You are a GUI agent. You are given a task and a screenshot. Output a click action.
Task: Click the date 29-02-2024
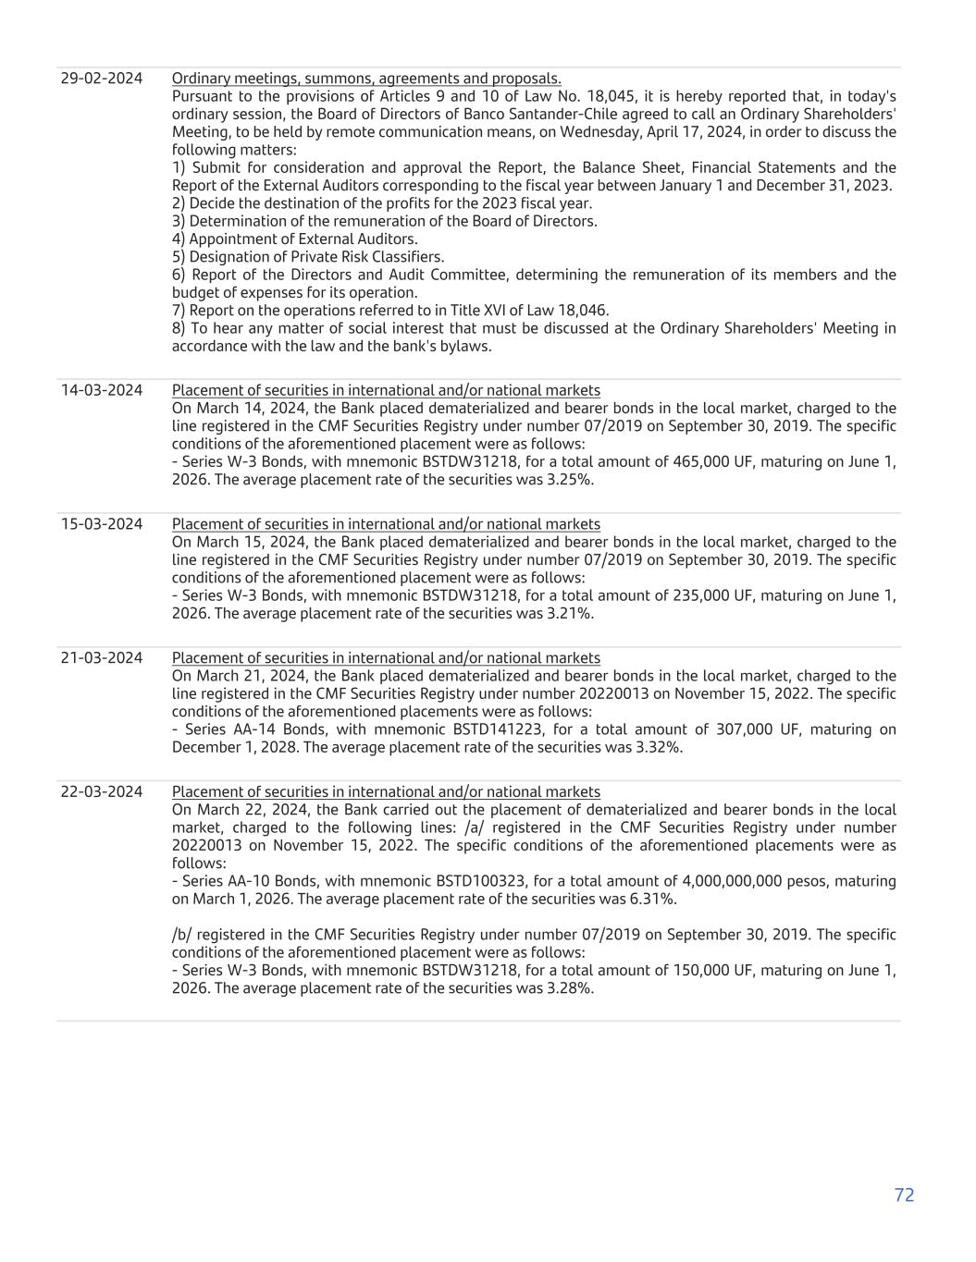pos(102,79)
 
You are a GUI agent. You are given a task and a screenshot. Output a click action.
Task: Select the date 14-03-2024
pos(102,390)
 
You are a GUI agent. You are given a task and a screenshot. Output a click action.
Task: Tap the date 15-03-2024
pos(102,524)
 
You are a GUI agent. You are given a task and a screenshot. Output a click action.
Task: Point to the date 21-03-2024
pos(102,658)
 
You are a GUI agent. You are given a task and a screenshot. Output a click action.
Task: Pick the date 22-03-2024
pos(102,792)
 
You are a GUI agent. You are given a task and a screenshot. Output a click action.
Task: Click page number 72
pos(904,1195)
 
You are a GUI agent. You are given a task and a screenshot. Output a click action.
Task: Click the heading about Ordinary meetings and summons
pos(366,79)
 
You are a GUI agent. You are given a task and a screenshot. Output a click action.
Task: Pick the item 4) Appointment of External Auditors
pos(294,239)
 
